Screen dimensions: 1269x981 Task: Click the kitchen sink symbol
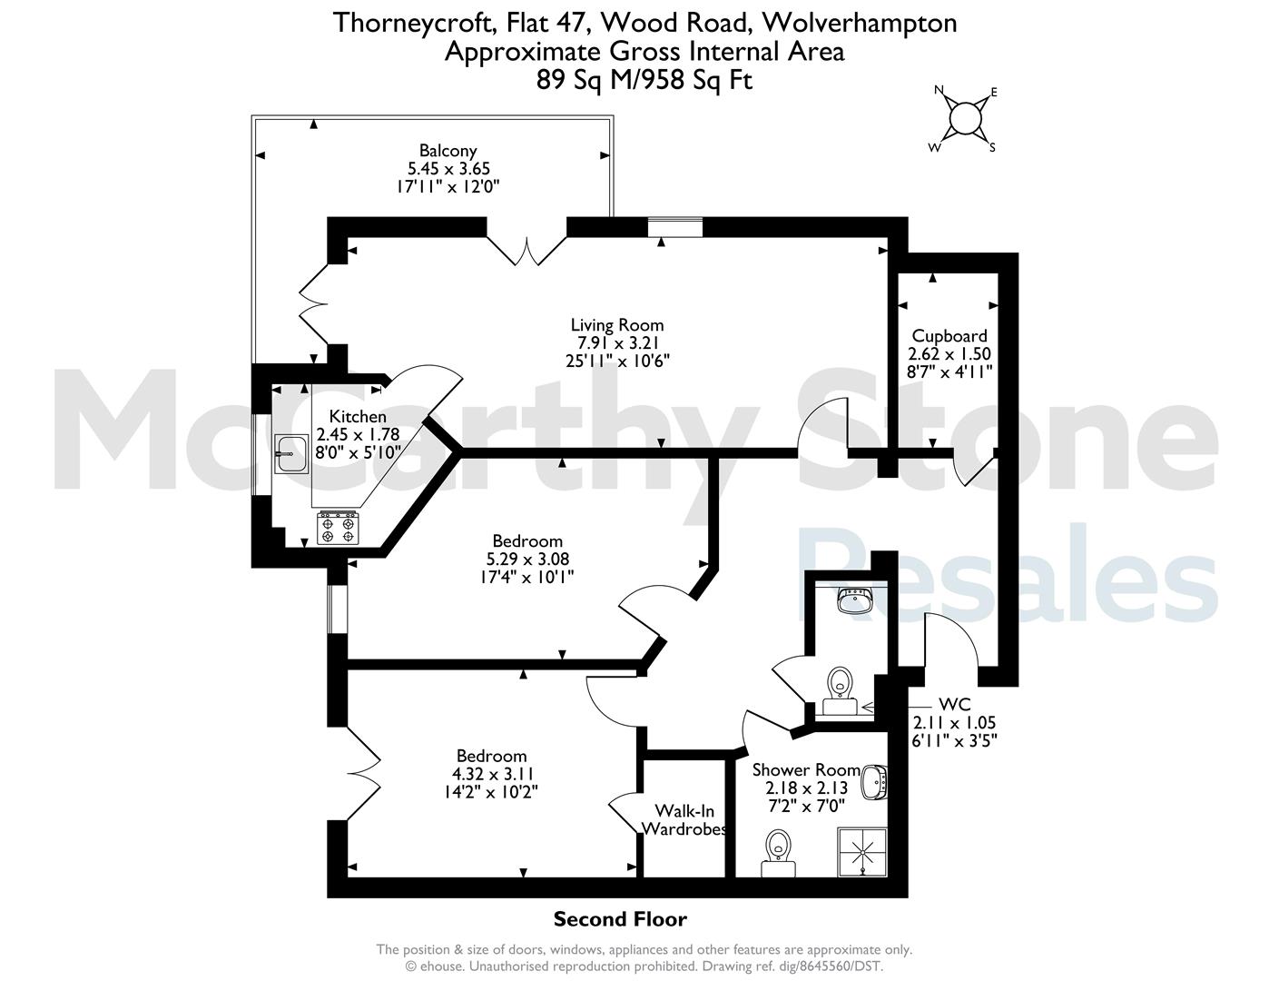(291, 453)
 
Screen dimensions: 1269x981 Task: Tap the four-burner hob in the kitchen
(338, 528)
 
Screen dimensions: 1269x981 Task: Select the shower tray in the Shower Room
(862, 852)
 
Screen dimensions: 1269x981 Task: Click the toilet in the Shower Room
(779, 853)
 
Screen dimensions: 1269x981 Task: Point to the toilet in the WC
(840, 690)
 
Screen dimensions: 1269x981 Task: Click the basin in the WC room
(855, 600)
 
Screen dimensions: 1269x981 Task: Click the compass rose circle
(965, 119)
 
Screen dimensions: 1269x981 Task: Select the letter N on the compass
(939, 89)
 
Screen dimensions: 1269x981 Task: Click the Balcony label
(448, 151)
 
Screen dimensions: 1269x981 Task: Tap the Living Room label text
(617, 324)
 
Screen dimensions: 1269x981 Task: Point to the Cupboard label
(949, 335)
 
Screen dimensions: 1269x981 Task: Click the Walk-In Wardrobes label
(684, 819)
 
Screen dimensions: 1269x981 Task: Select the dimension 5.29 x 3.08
(527, 559)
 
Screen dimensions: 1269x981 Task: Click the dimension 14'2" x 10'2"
(491, 792)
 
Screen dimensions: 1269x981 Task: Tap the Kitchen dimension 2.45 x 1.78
(358, 434)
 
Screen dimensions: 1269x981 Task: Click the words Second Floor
(620, 919)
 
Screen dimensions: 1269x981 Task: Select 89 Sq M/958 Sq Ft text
(644, 80)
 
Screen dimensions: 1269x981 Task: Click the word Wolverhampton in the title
(860, 24)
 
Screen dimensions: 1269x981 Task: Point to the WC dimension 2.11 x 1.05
(954, 722)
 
